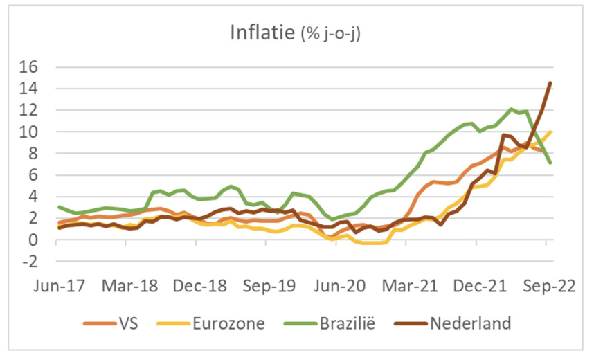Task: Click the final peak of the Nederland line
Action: coord(550,83)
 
